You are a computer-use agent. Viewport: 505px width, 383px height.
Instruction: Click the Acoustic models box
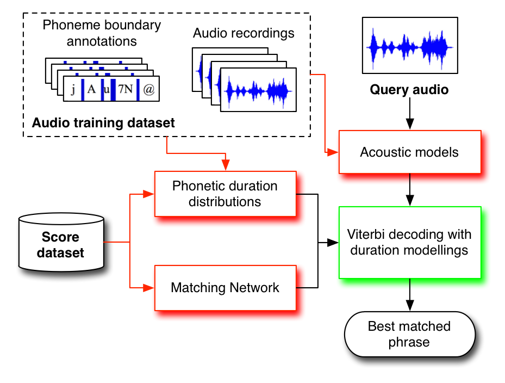409,152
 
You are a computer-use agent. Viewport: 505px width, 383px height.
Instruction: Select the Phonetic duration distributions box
225,193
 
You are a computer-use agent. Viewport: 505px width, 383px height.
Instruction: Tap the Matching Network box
225,287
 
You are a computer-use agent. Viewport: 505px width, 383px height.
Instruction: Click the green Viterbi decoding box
409,242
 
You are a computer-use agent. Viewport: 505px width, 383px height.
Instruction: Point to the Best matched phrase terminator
409,334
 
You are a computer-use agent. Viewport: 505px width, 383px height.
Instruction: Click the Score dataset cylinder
60,244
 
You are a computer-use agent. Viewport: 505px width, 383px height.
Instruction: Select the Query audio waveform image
410,45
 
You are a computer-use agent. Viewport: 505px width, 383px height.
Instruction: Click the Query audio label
409,90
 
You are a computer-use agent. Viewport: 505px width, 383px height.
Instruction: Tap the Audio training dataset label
103,123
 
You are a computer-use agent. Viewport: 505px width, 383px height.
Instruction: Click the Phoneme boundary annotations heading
102,33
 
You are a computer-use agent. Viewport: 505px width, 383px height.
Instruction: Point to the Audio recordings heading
244,33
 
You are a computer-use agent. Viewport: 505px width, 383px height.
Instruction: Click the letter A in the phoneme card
91,90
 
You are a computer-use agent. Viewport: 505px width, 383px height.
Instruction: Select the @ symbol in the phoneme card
149,90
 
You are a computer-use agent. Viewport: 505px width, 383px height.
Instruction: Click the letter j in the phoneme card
73,90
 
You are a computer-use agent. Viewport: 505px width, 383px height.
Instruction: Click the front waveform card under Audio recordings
258,90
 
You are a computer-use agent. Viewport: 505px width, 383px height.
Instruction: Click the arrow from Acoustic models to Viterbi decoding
409,189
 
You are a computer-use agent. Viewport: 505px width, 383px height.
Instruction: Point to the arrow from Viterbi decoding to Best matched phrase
409,294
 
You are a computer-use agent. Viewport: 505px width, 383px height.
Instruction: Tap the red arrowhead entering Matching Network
150,287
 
